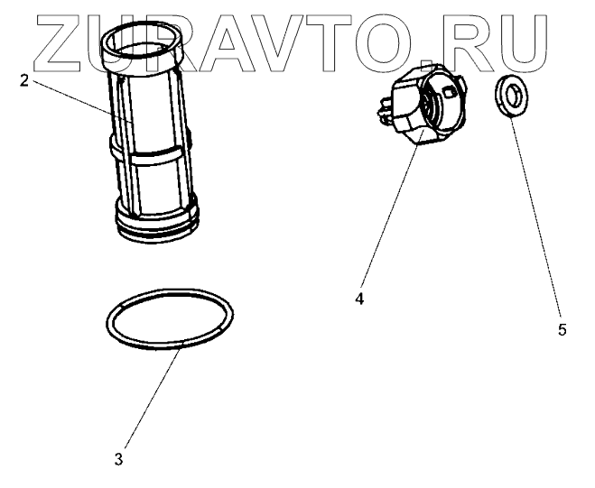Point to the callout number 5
point(562,330)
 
